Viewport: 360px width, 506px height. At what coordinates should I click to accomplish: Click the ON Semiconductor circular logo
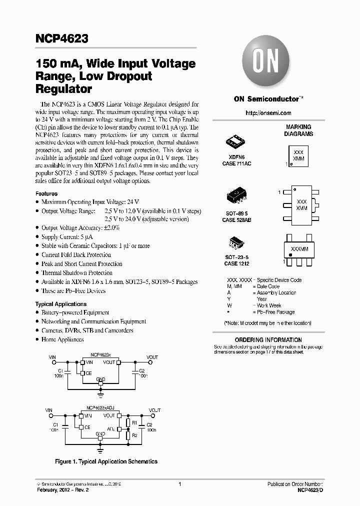pos(264,63)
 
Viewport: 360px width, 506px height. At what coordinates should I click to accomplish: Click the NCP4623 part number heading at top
pos(62,38)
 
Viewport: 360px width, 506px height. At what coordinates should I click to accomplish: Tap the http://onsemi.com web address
pos(268,113)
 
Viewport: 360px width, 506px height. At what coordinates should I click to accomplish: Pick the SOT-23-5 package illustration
pos(236,243)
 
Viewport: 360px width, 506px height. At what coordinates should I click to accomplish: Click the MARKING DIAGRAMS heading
pos(298,130)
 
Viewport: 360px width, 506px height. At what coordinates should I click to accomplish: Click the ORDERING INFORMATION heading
pos(269,340)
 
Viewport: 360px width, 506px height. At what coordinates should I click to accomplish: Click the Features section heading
pos(46,193)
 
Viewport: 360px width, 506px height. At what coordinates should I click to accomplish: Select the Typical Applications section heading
pos(60,304)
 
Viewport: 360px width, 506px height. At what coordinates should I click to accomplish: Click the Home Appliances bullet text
pos(62,339)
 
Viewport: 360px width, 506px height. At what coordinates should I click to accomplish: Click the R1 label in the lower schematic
pos(134,422)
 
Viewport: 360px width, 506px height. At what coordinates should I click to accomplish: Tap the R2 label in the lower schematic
pos(134,435)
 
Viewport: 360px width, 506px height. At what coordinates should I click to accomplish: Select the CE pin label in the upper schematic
pos(88,372)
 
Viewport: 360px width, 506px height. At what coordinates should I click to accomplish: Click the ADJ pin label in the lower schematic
pos(112,428)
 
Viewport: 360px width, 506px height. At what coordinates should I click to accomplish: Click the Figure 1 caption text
pos(106,461)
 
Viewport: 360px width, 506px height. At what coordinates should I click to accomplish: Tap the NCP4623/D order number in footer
pos(310,490)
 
